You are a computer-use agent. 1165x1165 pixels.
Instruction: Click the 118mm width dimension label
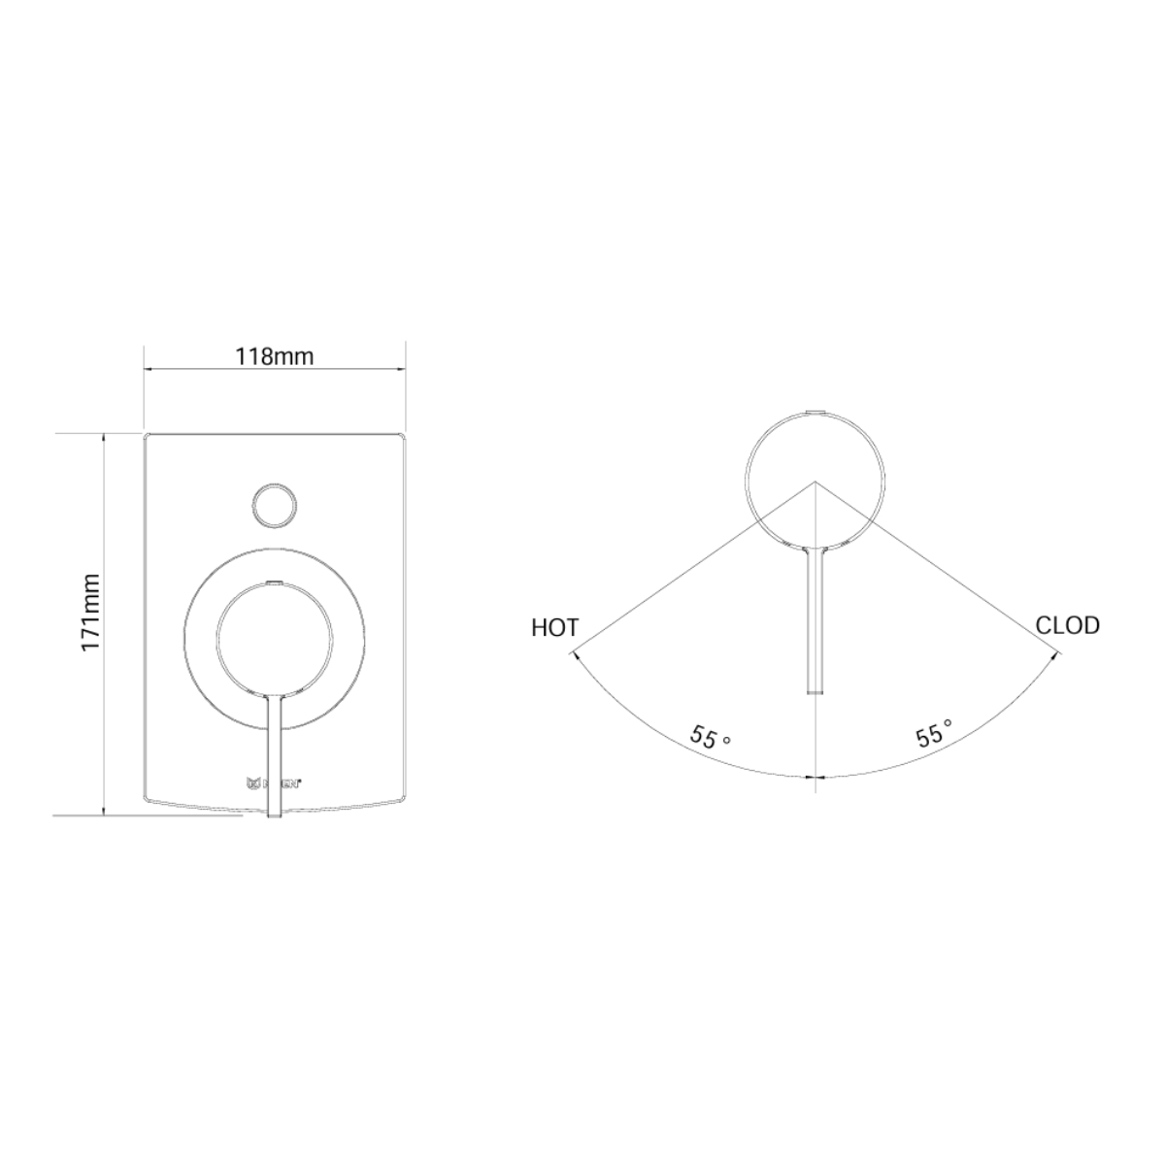coord(275,355)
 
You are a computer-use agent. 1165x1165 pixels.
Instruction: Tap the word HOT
coord(554,628)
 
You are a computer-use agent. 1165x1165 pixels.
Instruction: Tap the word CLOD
coord(1067,625)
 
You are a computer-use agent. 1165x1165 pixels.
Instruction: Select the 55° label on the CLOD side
coord(933,733)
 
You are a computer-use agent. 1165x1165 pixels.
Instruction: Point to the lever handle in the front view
coord(275,748)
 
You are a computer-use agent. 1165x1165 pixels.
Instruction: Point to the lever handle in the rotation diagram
coord(815,621)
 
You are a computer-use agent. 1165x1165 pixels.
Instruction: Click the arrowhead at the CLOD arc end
coord(1053,656)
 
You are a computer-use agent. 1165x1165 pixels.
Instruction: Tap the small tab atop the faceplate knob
coord(275,583)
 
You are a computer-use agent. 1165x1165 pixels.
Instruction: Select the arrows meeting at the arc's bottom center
coord(815,777)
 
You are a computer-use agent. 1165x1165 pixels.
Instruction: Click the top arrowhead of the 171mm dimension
coord(104,437)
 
